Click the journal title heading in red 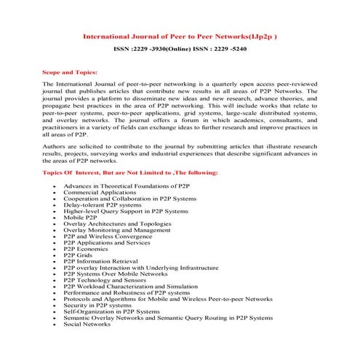coord(180,34)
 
